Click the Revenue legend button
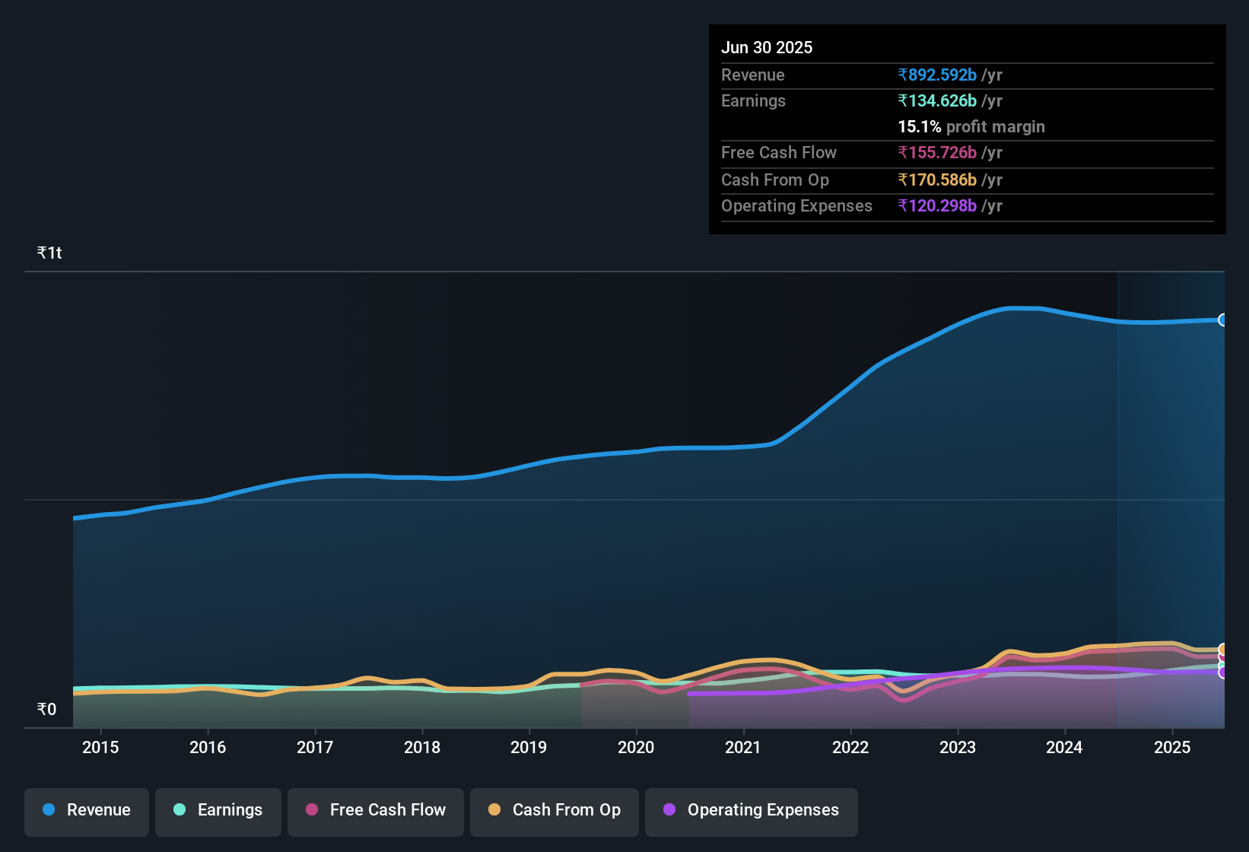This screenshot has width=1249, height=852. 87,810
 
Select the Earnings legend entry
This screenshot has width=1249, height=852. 218,810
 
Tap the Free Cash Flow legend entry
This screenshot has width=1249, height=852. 376,810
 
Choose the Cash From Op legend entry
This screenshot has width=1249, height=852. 555,810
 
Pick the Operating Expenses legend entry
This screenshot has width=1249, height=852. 752,810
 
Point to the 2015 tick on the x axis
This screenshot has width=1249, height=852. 100,747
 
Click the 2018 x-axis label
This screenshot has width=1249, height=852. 422,747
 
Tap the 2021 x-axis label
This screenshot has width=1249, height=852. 743,747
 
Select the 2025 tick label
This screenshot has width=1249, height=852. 1172,747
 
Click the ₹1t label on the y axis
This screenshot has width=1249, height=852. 49,253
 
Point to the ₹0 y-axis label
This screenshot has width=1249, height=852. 46,709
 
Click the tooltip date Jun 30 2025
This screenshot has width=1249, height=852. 767,47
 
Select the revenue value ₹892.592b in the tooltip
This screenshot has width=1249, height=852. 937,75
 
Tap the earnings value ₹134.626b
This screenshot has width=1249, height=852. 937,100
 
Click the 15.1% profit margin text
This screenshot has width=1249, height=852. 971,126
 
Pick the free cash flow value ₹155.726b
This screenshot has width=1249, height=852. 937,152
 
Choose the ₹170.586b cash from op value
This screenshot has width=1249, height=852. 937,180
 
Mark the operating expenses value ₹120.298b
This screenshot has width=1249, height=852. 937,205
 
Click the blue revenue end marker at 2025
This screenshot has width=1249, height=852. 1222,319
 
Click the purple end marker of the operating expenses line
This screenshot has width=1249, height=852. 1222,672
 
